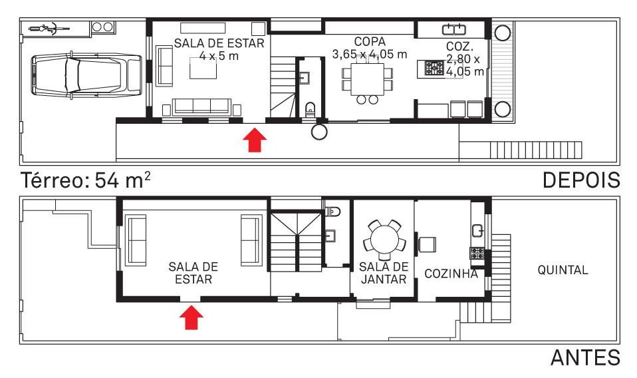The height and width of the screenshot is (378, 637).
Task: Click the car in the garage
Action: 86,75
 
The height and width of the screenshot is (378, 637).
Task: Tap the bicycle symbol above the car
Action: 49,29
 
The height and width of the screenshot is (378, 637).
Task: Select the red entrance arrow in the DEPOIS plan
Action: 255,140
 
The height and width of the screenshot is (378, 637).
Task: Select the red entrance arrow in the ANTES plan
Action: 191,317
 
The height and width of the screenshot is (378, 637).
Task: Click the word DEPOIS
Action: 581,180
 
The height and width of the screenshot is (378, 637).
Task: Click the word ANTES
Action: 585,358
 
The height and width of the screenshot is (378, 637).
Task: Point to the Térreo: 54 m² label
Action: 86,180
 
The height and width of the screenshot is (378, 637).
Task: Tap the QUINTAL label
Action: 563,270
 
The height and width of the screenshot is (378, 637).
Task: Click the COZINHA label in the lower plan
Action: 451,274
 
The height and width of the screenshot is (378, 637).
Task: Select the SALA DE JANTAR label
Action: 384,273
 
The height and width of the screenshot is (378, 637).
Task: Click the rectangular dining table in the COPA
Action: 368,79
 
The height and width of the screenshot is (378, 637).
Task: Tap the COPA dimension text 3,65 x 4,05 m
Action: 370,54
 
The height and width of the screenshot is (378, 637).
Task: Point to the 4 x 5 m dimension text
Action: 219,56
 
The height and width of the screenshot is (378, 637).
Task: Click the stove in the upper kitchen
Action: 434,69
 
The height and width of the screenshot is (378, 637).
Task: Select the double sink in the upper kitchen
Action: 453,29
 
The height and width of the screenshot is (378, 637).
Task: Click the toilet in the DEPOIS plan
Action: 310,109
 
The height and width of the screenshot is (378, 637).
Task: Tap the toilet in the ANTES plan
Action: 333,212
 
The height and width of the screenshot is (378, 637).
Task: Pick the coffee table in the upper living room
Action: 203,68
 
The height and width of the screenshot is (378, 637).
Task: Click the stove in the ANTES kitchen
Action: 477,253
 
